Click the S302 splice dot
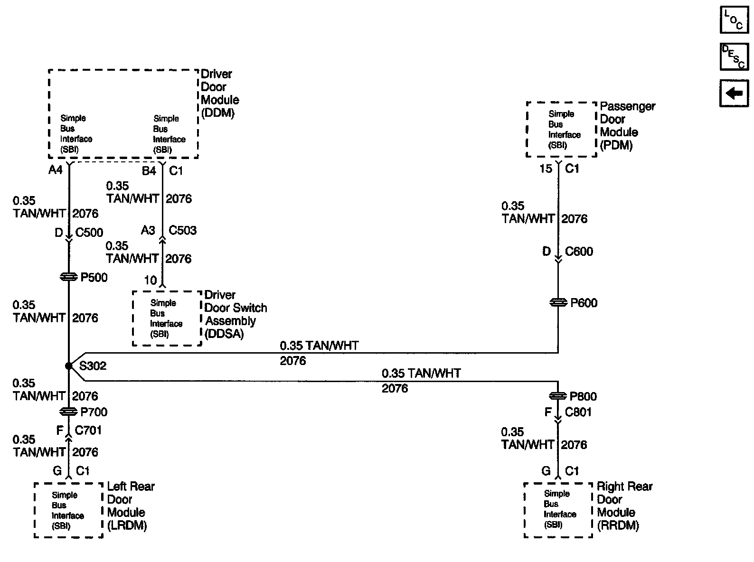pos(69,365)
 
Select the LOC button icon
pos(734,20)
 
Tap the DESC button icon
pos(734,56)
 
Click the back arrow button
pos(734,93)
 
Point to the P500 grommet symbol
pos(69,277)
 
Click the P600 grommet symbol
pos(558,302)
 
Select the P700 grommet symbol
pos(69,412)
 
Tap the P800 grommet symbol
pos(558,396)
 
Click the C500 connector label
pos(89,233)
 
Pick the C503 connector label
pos(183,230)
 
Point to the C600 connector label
pos(579,251)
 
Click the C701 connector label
pos(88,430)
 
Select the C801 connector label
pos(578,412)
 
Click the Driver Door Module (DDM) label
pos(220,94)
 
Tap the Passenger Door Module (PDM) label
pos(627,126)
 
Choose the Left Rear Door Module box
pos(68,510)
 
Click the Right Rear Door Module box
pos(558,510)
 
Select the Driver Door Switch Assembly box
pos(167,318)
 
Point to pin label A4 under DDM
pos(56,169)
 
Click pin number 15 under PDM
pos(546,169)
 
